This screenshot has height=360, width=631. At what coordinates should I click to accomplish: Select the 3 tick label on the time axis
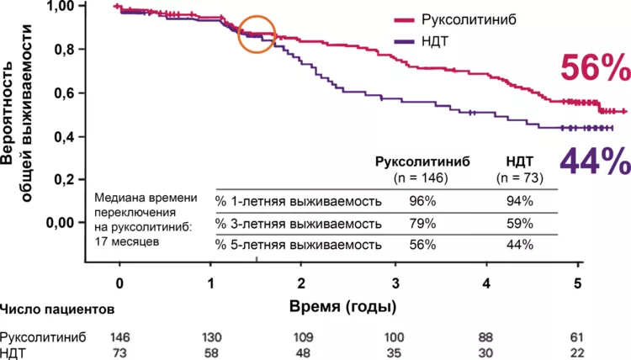coord(395,282)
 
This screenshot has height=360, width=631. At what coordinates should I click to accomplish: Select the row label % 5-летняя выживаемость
coord(299,245)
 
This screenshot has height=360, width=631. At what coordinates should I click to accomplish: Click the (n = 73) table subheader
coord(520,178)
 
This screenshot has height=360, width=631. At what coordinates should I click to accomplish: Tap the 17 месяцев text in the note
coord(131,241)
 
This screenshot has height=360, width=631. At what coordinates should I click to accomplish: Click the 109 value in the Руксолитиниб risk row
coord(303,336)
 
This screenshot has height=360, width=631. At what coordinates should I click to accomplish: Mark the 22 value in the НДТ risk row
coord(577,352)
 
